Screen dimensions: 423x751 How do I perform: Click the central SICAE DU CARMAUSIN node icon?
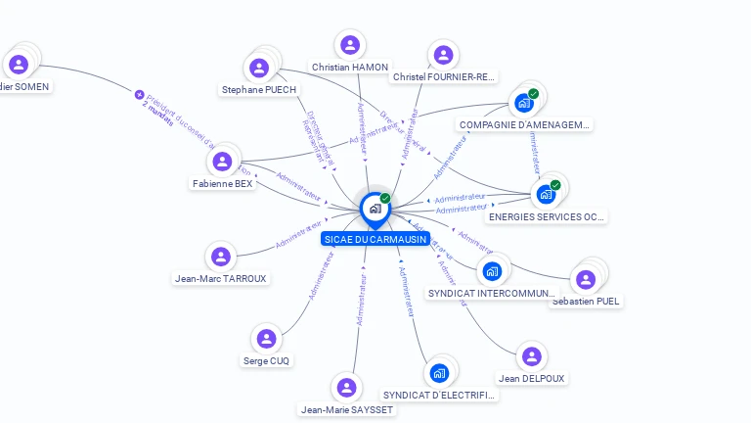click(x=375, y=209)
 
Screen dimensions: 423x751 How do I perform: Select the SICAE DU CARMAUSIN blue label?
click(x=375, y=239)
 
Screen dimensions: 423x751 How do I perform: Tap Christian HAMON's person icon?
click(x=349, y=45)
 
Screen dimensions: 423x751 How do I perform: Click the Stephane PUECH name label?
click(x=259, y=90)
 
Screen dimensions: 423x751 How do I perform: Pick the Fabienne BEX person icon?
click(x=222, y=162)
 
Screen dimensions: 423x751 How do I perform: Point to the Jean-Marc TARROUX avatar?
click(x=220, y=257)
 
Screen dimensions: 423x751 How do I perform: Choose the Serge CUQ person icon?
click(x=266, y=339)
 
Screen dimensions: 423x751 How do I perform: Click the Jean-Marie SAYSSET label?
click(x=347, y=410)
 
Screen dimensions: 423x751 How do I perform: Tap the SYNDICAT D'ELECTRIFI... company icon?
click(x=439, y=373)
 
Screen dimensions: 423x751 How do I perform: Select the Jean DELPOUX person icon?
click(x=531, y=356)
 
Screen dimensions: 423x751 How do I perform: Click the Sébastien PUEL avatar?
click(x=586, y=280)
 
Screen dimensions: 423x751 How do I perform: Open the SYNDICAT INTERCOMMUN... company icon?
click(x=492, y=271)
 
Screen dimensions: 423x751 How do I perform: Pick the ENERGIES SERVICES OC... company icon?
click(x=546, y=194)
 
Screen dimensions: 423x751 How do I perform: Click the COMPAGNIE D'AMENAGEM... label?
click(x=525, y=125)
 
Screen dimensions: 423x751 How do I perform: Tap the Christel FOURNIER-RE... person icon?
click(x=443, y=55)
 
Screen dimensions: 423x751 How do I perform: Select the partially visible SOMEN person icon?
click(x=19, y=65)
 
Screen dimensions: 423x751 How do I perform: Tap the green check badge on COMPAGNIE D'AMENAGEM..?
click(x=533, y=94)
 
